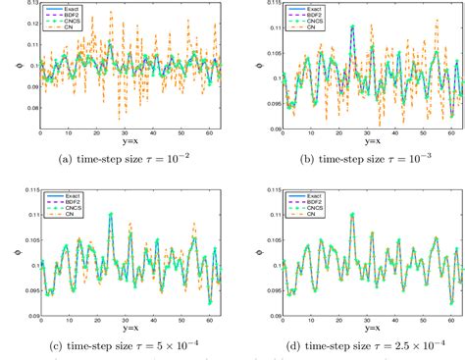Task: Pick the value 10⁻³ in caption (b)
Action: coord(417,157)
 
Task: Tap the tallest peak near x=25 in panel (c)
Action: coord(111,214)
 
